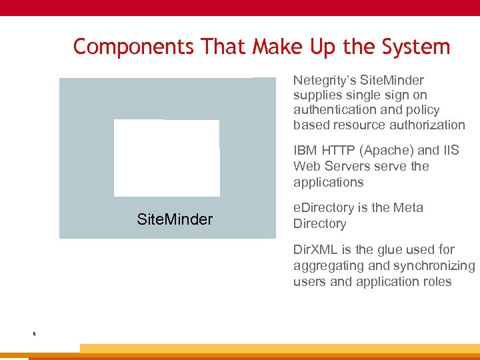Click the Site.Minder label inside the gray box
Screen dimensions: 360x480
[x=175, y=219]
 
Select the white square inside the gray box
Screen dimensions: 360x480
[x=167, y=158]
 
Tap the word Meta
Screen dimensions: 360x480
[x=408, y=208]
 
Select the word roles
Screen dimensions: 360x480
[x=436, y=281]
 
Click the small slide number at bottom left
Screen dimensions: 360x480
[x=33, y=333]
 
